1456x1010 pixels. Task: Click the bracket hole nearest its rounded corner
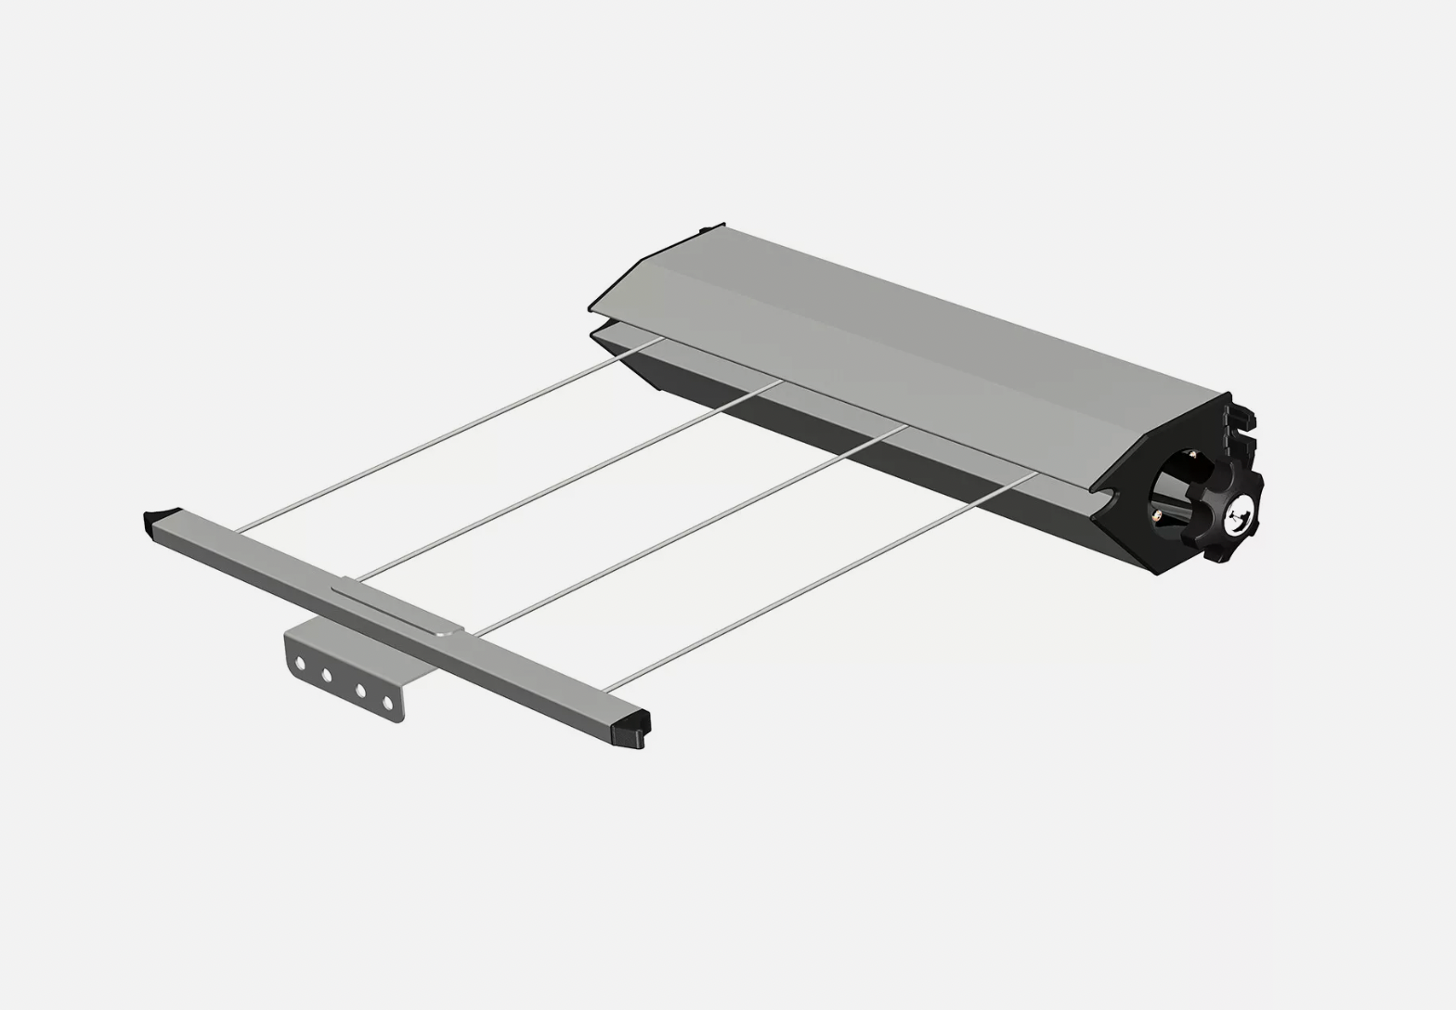pyautogui.click(x=299, y=663)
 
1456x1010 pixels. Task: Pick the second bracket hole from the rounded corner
pyautogui.click(x=327, y=675)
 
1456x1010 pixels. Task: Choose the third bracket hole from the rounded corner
pyautogui.click(x=360, y=690)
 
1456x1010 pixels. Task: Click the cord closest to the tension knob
pyautogui.click(x=817, y=581)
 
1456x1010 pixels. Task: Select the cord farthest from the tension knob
pyautogui.click(x=446, y=435)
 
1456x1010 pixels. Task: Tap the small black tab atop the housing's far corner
pyautogui.click(x=712, y=227)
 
